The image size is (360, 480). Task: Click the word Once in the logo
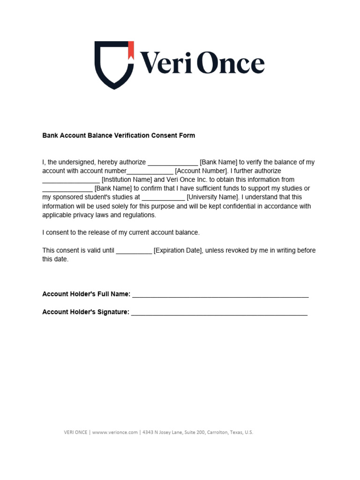coord(230,64)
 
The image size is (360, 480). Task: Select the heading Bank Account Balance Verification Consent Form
coord(119,135)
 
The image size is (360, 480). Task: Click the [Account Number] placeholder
coord(201,171)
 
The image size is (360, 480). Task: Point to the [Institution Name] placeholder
coord(127,180)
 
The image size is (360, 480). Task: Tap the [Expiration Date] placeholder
coord(178,251)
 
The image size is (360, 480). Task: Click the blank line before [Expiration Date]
coord(134,252)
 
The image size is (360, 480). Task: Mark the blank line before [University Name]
coord(163,198)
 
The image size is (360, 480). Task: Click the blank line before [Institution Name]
coord(71,180)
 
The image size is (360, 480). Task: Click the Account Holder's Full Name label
coord(86,294)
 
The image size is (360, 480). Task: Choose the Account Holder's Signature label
coord(86,312)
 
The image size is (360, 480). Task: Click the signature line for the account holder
coord(219,314)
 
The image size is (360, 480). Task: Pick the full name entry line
coord(220,296)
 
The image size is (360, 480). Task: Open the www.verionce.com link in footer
coord(115,432)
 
